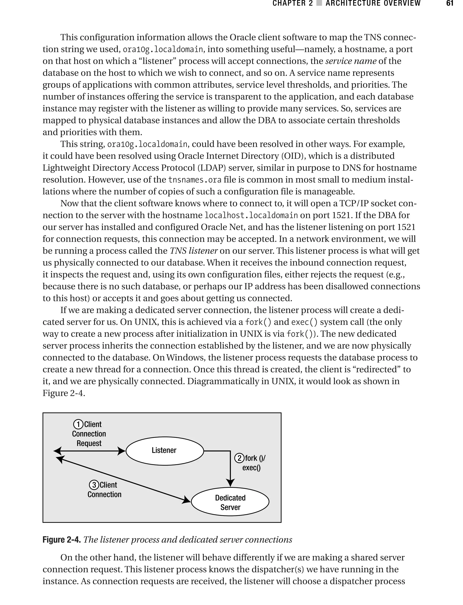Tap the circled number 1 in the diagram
tap(78, 424)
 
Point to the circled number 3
tap(94, 485)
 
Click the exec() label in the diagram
tap(251, 468)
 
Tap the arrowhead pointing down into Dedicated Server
tap(230, 483)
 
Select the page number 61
tap(449, 3)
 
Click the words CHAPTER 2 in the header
tap(293, 3)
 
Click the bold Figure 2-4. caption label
tap(61, 539)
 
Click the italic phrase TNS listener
tap(194, 251)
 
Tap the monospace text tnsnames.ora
tap(195, 180)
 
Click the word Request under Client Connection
tap(89, 443)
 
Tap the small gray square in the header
tap(319, 3)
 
